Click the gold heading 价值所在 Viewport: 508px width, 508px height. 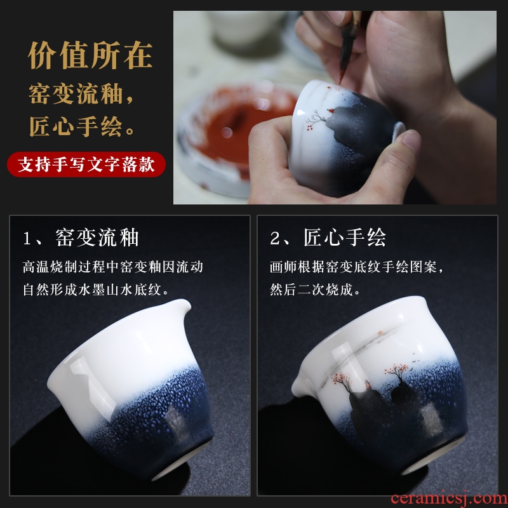coord(90,55)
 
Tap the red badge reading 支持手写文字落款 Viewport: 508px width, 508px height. coord(86,164)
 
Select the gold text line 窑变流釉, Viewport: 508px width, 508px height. coord(81,94)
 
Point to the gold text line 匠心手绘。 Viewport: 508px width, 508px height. coord(82,126)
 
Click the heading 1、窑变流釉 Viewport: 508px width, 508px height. coord(81,237)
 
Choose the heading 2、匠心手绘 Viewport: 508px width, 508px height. coord(328,237)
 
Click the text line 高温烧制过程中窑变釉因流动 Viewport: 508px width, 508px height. coord(113,267)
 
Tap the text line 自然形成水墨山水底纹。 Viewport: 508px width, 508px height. coord(96,290)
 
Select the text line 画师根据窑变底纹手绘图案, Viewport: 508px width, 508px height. coord(357,267)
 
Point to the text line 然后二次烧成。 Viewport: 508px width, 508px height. coord(315,290)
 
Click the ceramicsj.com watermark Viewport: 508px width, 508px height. coord(449,498)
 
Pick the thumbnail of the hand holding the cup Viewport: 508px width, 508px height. coord(335,107)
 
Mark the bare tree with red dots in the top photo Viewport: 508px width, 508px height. coord(315,119)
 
